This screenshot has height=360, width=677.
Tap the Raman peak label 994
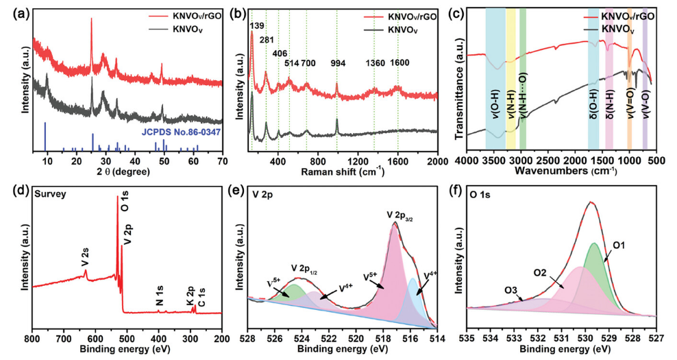coord(338,63)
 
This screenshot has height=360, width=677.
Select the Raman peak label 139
coord(257,26)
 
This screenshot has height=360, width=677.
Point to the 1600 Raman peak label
coord(399,63)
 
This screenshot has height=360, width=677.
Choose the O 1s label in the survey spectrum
coord(125,208)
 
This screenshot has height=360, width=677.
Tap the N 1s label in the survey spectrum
coord(159,299)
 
